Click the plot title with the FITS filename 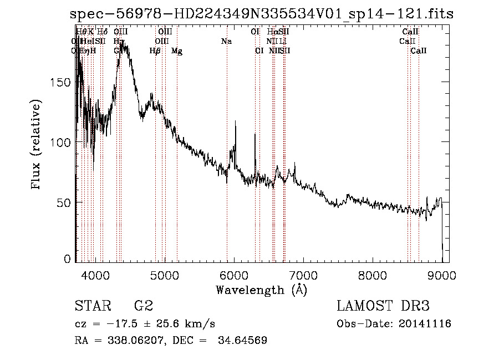(x=261, y=14)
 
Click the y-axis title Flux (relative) (x=37, y=145)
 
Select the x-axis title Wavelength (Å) (x=261, y=290)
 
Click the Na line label (x=226, y=42)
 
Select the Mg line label (x=177, y=51)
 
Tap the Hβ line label (x=155, y=51)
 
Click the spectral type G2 (x=142, y=306)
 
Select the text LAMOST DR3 (x=383, y=306)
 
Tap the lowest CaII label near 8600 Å (x=419, y=51)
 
